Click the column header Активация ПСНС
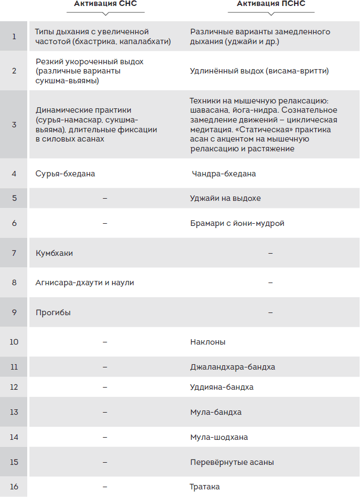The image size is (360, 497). pyautogui.click(x=271, y=4)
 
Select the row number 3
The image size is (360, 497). pyautogui.click(x=14, y=124)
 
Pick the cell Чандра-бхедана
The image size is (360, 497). pyautogui.click(x=224, y=174)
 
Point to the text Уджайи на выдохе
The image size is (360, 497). pyautogui.click(x=224, y=198)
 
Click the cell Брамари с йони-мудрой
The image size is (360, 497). pyautogui.click(x=237, y=223)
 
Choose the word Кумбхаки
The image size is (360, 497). pyautogui.click(x=54, y=253)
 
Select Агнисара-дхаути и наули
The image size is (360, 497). pyautogui.click(x=84, y=283)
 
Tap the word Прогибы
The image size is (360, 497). pyautogui.click(x=53, y=312)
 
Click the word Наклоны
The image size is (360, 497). pyautogui.click(x=208, y=342)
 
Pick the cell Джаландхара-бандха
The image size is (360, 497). pyautogui.click(x=233, y=367)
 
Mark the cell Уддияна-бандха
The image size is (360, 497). pyautogui.click(x=222, y=387)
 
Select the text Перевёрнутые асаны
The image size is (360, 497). pyautogui.click(x=231, y=462)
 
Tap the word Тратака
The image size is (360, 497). pyautogui.click(x=205, y=487)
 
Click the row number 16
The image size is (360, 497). pyautogui.click(x=14, y=487)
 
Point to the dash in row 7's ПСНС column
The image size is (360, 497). pyautogui.click(x=270, y=253)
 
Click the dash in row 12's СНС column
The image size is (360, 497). pyautogui.click(x=105, y=387)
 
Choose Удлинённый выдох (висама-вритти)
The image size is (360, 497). pyautogui.click(x=259, y=70)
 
